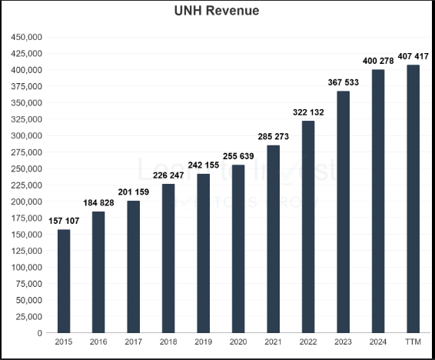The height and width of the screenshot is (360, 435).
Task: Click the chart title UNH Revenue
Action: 217,11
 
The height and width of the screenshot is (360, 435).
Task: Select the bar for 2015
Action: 64,281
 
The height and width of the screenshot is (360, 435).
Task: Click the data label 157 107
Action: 64,222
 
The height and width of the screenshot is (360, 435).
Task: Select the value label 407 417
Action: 413,56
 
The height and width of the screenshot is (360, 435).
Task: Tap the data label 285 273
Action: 273,137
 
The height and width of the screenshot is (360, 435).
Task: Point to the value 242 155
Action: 203,165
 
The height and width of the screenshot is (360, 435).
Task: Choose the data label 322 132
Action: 308,112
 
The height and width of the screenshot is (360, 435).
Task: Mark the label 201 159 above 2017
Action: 134,192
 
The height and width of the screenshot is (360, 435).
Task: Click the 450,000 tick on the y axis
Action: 26,37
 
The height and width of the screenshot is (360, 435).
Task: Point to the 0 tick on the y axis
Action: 39,333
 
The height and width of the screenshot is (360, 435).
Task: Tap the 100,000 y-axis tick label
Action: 26,268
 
